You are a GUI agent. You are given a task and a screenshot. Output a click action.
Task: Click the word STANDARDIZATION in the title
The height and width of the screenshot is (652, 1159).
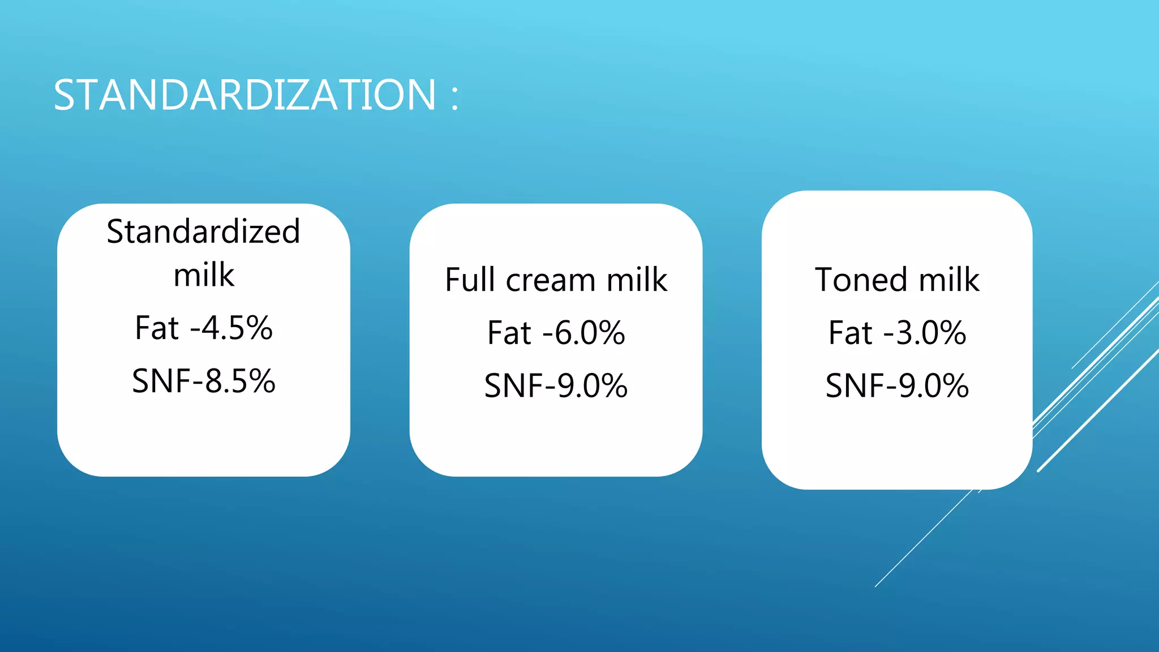pyautogui.click(x=244, y=95)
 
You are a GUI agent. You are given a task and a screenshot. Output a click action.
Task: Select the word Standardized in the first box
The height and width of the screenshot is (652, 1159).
pyautogui.click(x=203, y=232)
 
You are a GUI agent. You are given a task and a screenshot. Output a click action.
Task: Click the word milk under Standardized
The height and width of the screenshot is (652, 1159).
pyautogui.click(x=203, y=276)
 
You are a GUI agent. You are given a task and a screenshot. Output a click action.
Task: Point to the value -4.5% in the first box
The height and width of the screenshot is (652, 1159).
pyautogui.click(x=231, y=328)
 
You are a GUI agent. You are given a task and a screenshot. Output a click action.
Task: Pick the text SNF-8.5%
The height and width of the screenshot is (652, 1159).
pyautogui.click(x=203, y=381)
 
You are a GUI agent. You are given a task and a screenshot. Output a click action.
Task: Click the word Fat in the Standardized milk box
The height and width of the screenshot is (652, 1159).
pyautogui.click(x=157, y=328)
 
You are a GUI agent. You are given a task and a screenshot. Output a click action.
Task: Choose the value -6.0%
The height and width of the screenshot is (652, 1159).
pyautogui.click(x=583, y=333)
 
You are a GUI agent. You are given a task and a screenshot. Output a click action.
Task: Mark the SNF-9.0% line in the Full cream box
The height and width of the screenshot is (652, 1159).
pyautogui.click(x=556, y=386)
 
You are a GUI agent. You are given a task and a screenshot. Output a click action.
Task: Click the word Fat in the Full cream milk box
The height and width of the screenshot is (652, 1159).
pyautogui.click(x=509, y=333)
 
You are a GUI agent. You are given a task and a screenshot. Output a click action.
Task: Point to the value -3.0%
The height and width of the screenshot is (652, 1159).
pyautogui.click(x=925, y=333)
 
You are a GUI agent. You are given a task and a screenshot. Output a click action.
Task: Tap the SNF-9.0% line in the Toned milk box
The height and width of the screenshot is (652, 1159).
pyautogui.click(x=897, y=386)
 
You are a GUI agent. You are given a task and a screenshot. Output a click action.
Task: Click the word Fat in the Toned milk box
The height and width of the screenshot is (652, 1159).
pyautogui.click(x=851, y=333)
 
